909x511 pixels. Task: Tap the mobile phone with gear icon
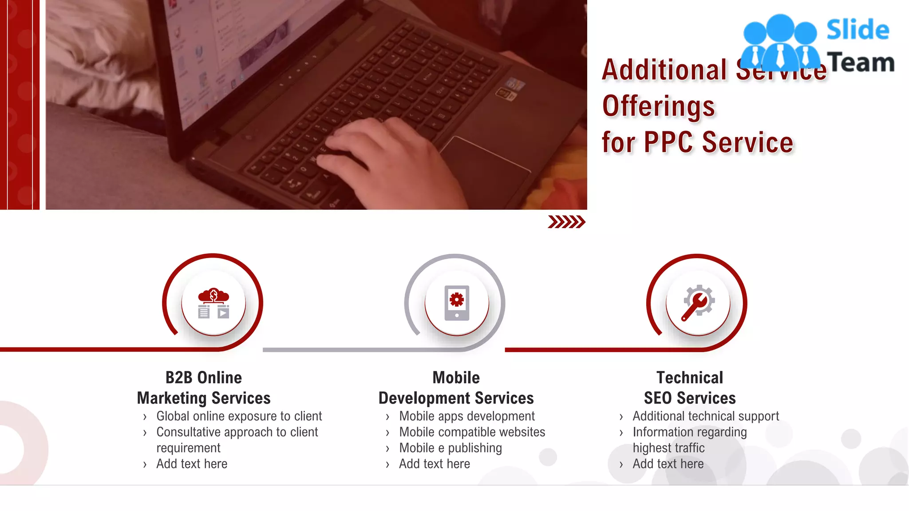click(457, 303)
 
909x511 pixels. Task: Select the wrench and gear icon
click(698, 303)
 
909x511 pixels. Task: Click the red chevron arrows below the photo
click(566, 222)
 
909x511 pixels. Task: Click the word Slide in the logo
click(858, 30)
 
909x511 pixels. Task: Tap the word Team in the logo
click(861, 63)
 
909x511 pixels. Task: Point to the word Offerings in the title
click(658, 106)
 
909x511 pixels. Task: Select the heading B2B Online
click(204, 377)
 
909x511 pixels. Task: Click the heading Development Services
click(456, 398)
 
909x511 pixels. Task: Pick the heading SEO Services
click(690, 398)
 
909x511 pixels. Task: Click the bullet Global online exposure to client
click(239, 416)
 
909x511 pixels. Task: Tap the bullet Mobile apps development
click(467, 416)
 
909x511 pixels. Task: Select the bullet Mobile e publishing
click(451, 448)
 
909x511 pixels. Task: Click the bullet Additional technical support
click(706, 416)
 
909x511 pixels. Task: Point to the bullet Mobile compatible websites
click(472, 432)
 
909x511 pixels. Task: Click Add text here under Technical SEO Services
click(668, 464)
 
